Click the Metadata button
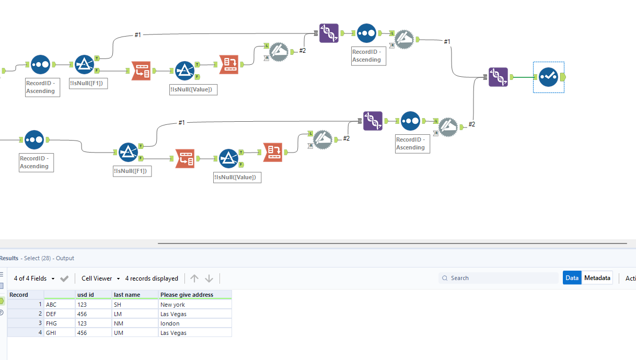tap(597, 278)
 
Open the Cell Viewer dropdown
tap(101, 278)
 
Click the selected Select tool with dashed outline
tap(548, 77)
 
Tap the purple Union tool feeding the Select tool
tap(498, 77)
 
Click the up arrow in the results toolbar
tap(194, 278)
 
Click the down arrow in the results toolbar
tap(209, 278)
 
